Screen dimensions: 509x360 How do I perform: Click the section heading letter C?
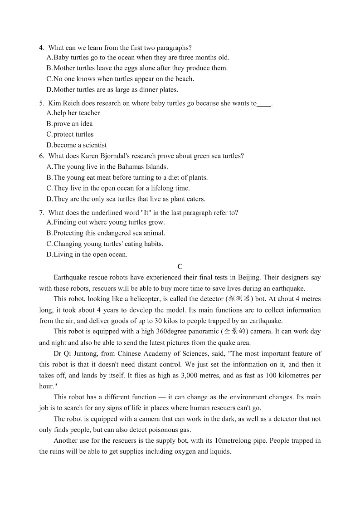[180, 267]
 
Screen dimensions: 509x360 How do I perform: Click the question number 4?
[41, 48]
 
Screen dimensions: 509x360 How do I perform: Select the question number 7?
[41, 213]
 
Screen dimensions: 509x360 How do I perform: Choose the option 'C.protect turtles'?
[70, 134]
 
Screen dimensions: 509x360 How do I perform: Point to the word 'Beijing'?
[249, 278]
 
